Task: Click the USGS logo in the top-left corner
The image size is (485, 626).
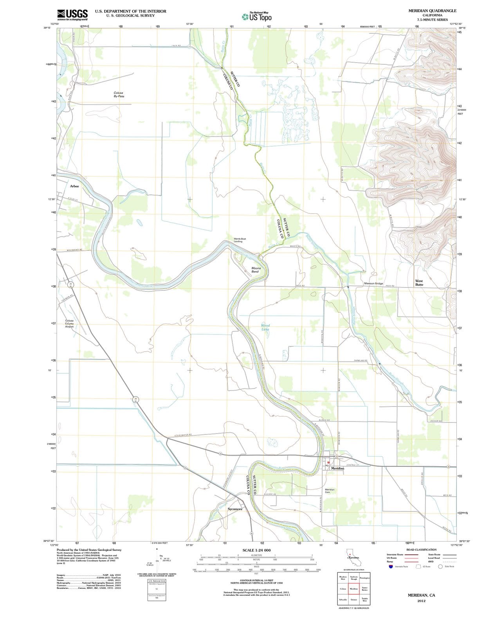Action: (x=72, y=14)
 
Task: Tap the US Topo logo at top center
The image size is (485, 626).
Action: (x=256, y=17)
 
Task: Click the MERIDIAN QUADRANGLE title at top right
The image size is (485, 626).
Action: (x=432, y=11)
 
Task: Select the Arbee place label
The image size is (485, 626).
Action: (x=74, y=186)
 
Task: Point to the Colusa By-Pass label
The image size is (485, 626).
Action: (x=119, y=94)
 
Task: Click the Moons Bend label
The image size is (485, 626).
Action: (x=256, y=270)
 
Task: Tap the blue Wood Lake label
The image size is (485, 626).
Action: (x=265, y=327)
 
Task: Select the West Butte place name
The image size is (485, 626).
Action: (x=419, y=282)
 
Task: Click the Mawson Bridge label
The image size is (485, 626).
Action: (x=373, y=283)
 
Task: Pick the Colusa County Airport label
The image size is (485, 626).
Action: (x=69, y=324)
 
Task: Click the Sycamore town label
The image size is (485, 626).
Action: (x=235, y=509)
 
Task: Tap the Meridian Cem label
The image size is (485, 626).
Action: (x=330, y=491)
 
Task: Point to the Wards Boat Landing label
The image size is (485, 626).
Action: (x=240, y=240)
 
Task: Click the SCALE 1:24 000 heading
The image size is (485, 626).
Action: (x=256, y=550)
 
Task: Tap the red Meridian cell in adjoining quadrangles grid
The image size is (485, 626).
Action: (x=354, y=588)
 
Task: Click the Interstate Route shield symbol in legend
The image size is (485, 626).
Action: (x=390, y=566)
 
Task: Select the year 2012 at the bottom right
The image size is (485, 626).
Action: (x=421, y=601)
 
